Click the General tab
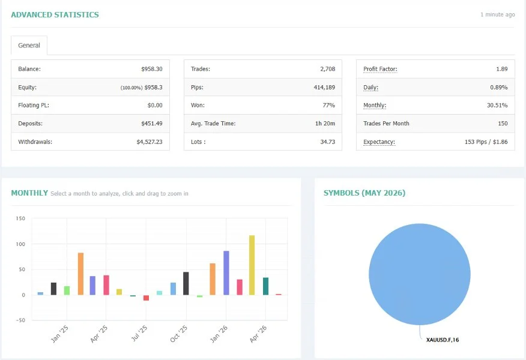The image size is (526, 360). tap(29, 45)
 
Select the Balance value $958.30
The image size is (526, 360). tap(152, 69)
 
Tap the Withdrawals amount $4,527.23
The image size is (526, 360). tap(150, 142)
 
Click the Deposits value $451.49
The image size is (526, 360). tap(152, 124)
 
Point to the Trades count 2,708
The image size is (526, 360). tap(328, 69)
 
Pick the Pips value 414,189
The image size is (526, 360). tap(324, 87)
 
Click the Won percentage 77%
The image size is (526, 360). tap(329, 105)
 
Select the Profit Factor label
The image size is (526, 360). tap(380, 69)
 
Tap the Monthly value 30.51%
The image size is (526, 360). tap(497, 105)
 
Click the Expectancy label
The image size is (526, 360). tap(379, 142)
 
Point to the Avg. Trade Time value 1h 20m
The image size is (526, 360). tap(325, 124)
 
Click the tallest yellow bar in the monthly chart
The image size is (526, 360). tap(252, 265)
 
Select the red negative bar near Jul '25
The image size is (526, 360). tap(147, 298)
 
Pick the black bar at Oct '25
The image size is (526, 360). tap(186, 284)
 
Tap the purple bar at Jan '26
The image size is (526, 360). tap(226, 273)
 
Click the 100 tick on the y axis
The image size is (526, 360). tap(20, 244)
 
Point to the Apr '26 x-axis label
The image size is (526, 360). tap(258, 334)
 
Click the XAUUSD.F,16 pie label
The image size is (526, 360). tap(443, 340)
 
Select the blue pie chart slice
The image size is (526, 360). tap(419, 274)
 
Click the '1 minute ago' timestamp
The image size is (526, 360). tap(498, 15)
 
